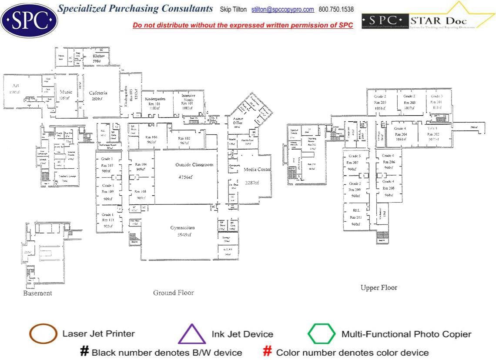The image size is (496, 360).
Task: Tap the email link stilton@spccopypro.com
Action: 282,10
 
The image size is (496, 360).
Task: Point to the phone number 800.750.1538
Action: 336,10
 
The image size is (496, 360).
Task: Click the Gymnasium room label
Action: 182,228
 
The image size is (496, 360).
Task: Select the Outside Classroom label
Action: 194,165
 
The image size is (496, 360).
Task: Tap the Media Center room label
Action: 257,170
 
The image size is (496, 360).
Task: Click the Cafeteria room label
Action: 98,93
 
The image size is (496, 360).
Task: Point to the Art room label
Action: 16,86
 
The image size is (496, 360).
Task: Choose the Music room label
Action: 66,92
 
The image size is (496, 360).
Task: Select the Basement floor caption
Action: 37,293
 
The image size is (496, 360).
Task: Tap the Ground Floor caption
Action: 173,293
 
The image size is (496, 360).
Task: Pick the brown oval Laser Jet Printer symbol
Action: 43,334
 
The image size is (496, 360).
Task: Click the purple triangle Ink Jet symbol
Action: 191,334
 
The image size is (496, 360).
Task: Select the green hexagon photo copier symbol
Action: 322,334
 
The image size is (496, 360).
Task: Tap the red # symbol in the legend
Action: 268,351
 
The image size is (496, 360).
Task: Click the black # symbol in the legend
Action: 84,351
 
